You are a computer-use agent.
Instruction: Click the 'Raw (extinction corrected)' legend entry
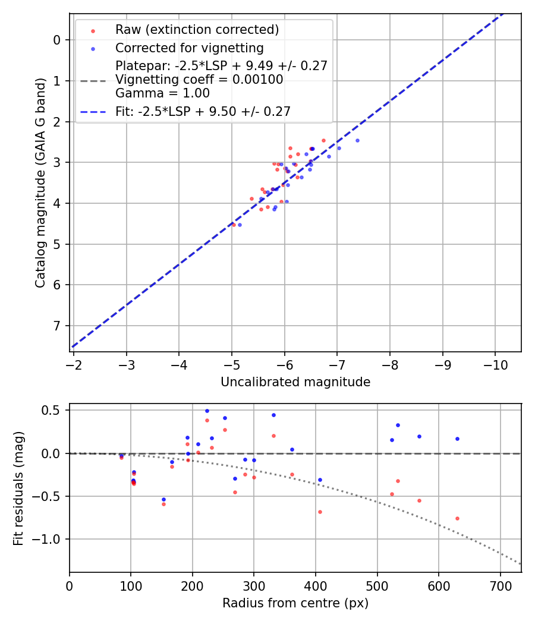(197, 30)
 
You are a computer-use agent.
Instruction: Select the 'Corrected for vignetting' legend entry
(190, 48)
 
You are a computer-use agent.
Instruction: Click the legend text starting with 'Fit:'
(203, 111)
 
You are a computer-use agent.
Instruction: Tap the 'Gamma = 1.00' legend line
(162, 93)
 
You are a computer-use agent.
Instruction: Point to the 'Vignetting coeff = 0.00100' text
(199, 80)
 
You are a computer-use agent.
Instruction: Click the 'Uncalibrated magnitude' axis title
(295, 382)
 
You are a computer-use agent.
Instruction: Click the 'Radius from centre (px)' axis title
(295, 603)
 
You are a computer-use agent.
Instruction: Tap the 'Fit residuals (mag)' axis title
(19, 488)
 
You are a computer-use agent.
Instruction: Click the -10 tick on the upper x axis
(495, 364)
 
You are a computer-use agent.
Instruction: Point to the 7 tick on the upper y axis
(57, 326)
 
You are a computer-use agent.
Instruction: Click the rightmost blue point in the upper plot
(357, 140)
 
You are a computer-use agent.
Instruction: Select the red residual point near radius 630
(457, 518)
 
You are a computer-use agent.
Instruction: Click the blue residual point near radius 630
(457, 439)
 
